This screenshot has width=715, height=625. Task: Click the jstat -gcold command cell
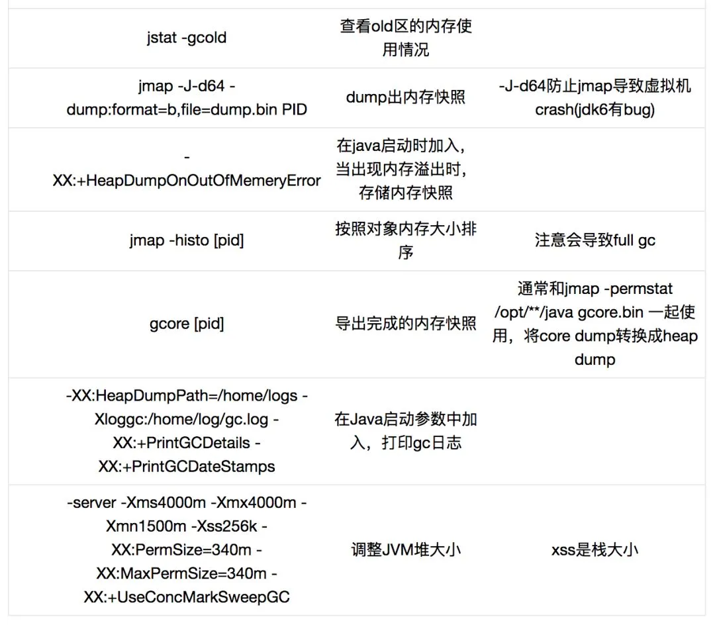tap(186, 38)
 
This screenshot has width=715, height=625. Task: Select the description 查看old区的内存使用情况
tap(406, 38)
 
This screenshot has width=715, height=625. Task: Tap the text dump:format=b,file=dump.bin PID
tap(186, 110)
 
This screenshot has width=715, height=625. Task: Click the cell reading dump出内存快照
tap(406, 97)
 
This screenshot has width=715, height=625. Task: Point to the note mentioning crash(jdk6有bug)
tap(595, 110)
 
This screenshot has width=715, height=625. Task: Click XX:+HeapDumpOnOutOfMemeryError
tap(186, 180)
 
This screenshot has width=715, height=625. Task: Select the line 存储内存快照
tap(406, 193)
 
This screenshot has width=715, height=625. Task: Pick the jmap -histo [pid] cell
tap(186, 240)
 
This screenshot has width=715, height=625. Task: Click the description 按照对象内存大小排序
tap(406, 240)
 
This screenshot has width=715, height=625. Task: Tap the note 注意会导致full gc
tap(595, 240)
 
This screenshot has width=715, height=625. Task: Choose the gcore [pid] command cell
tap(186, 324)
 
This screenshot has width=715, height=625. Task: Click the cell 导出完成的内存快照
tap(406, 324)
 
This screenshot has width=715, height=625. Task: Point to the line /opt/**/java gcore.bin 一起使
tap(595, 312)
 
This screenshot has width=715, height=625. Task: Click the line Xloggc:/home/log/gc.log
tap(186, 419)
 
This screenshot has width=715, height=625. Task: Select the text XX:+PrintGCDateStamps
tap(186, 466)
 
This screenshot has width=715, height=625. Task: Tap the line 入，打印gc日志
tap(406, 443)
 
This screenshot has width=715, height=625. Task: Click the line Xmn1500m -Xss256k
tap(186, 526)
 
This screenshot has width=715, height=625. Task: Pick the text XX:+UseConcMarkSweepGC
tap(186, 597)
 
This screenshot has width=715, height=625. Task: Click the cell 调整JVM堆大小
tap(406, 550)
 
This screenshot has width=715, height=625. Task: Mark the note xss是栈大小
tap(595, 550)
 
